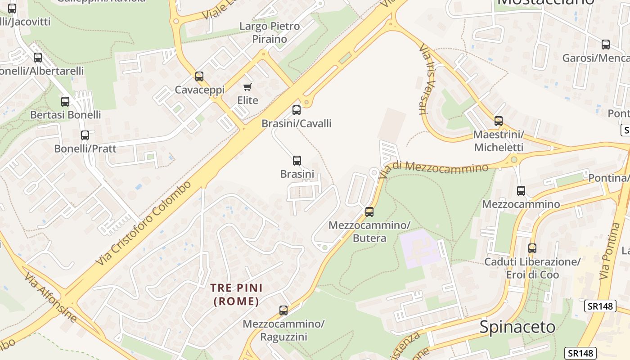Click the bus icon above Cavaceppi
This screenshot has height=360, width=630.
[x=199, y=76]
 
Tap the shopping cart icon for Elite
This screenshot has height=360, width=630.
[x=247, y=87]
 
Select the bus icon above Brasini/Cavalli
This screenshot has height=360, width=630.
[x=296, y=110]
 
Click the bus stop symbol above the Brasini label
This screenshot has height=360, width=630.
[x=297, y=160]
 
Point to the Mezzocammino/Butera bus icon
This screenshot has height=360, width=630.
[x=369, y=211]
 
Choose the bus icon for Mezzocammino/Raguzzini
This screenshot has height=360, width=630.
[x=283, y=310]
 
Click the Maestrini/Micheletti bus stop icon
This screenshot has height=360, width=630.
[x=498, y=121]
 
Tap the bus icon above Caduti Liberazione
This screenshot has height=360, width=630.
[x=532, y=248]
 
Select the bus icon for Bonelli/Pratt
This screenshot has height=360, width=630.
[x=85, y=135]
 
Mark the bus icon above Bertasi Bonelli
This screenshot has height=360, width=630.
[x=65, y=101]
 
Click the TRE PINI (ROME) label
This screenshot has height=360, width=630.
[x=237, y=294]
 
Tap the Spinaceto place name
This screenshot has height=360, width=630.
[x=517, y=327]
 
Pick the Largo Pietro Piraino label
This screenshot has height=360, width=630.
[x=269, y=32]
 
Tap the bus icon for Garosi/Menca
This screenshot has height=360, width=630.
[x=605, y=44]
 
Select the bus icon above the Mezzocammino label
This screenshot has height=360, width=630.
[x=521, y=190]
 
